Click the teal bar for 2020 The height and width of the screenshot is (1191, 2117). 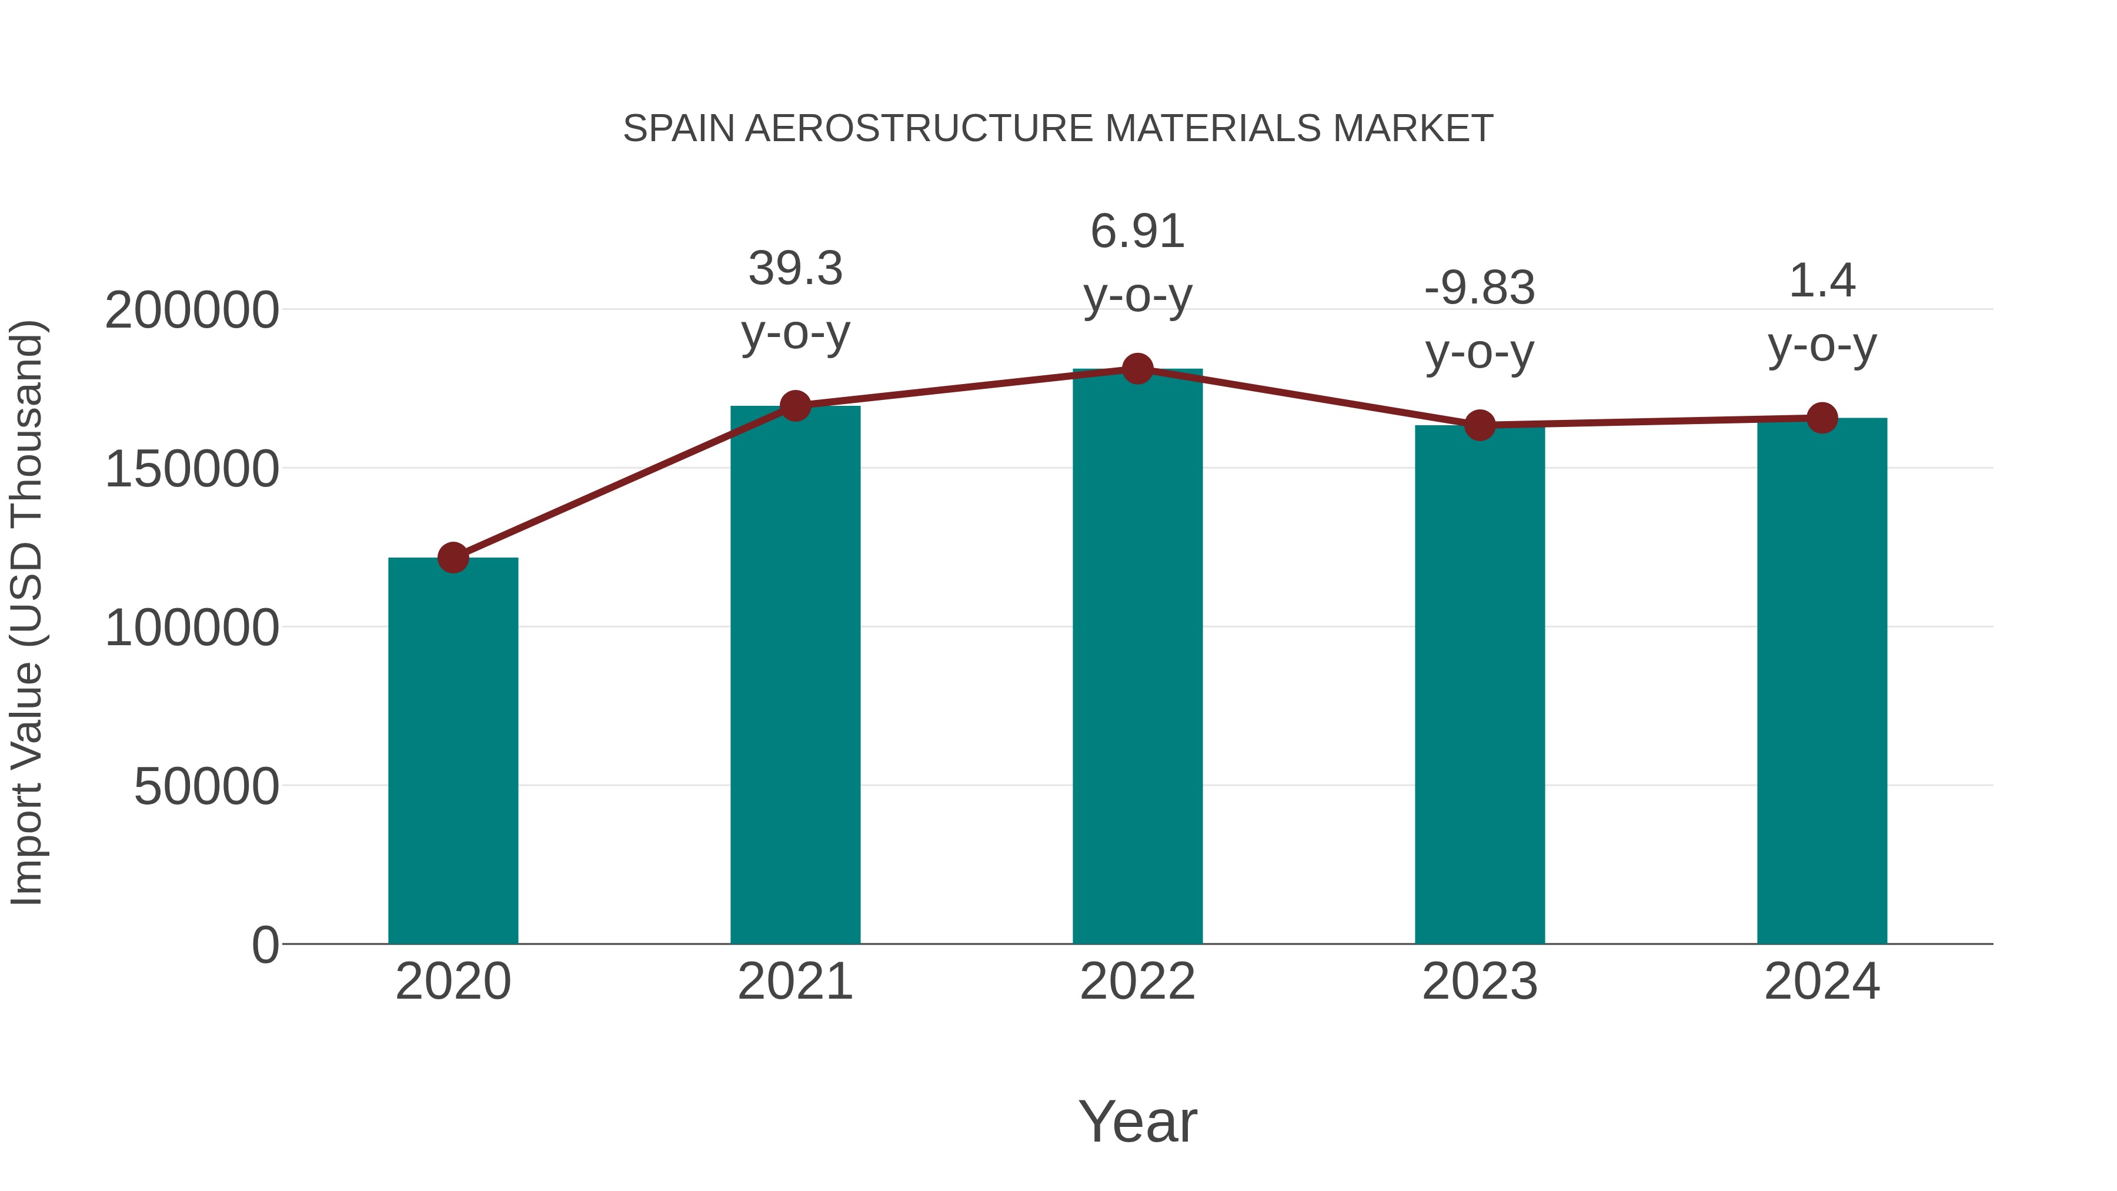tap(453, 752)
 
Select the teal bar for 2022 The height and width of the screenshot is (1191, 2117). tap(1137, 658)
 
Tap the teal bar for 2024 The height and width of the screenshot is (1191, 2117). tap(1822, 682)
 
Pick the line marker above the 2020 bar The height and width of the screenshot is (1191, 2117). tap(453, 558)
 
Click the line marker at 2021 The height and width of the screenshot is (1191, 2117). tap(794, 405)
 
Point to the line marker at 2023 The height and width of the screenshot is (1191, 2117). tap(1480, 425)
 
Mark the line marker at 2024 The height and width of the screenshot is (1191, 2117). tap(1822, 418)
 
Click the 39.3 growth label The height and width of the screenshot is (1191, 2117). tap(794, 269)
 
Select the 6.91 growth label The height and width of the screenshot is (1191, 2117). tap(1137, 231)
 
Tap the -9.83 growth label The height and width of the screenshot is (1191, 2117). tap(1480, 289)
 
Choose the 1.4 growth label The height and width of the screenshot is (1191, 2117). tap(1822, 281)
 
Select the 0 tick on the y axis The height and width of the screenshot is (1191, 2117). tap(265, 945)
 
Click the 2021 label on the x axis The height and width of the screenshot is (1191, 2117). tap(794, 982)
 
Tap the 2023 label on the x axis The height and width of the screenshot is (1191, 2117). tap(1480, 982)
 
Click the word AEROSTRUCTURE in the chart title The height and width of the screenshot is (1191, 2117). tap(920, 129)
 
